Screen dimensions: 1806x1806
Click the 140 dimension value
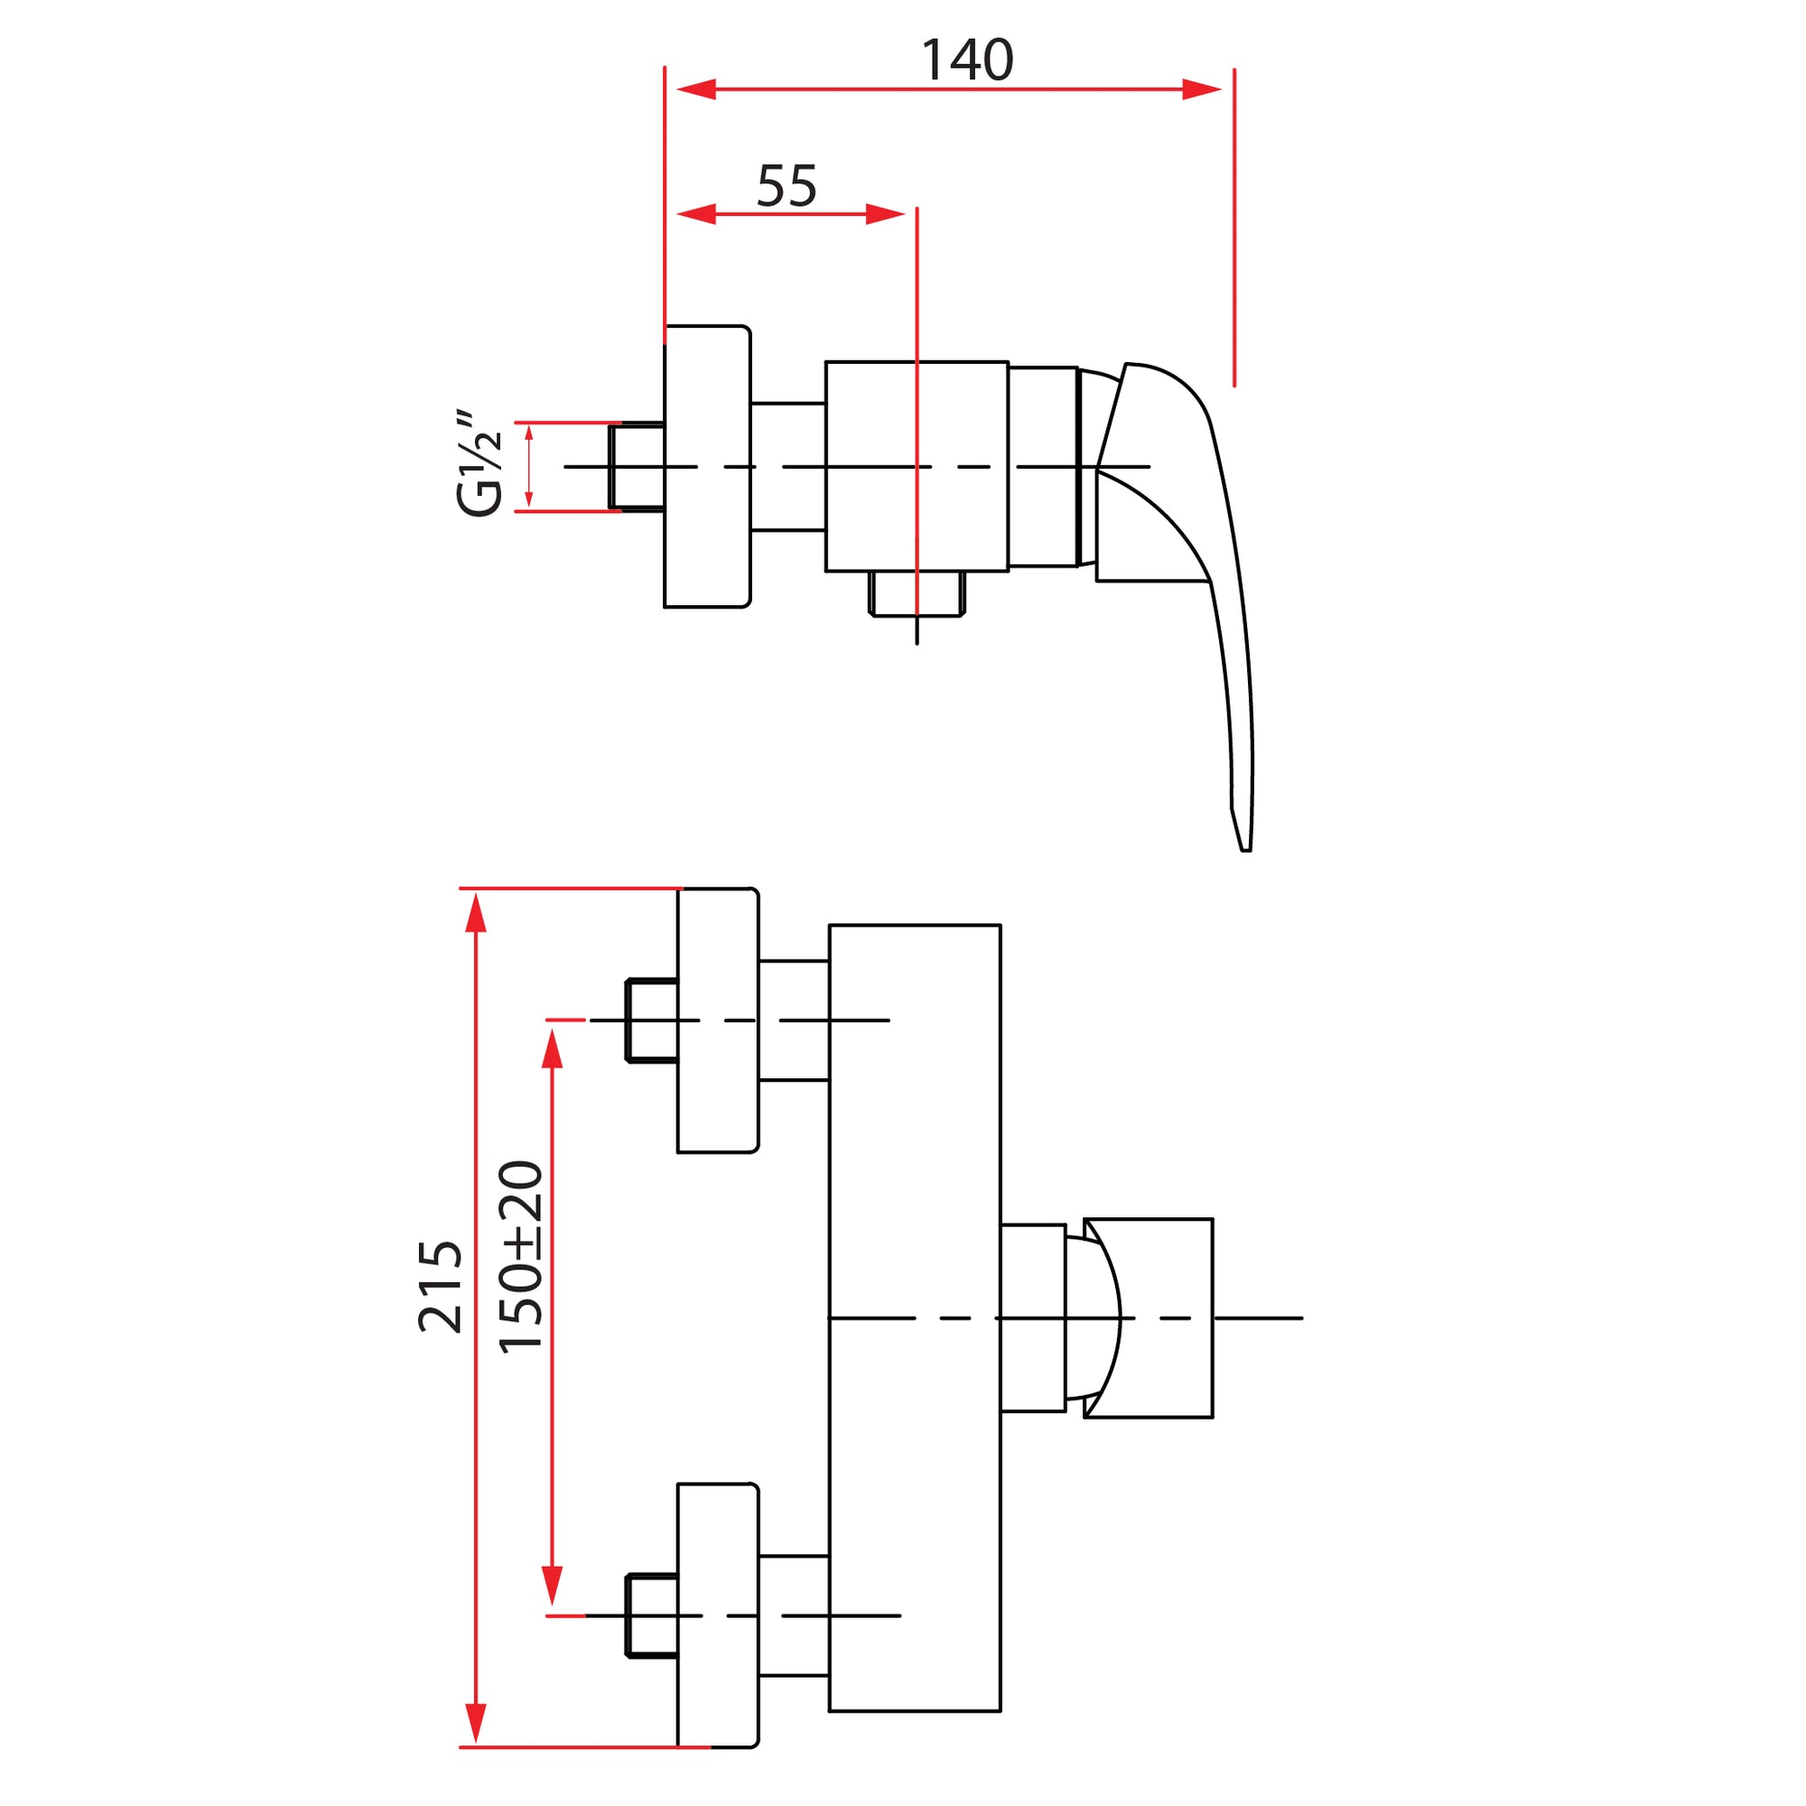pyautogui.click(x=966, y=61)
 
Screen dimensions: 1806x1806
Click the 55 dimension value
pyautogui.click(x=787, y=186)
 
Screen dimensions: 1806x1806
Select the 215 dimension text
pyautogui.click(x=441, y=1286)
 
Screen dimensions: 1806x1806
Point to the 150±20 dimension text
pyautogui.click(x=521, y=1257)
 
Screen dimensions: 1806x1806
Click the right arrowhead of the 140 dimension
pyautogui.click(x=1201, y=89)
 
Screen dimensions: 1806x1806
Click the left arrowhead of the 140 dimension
pyautogui.click(x=696, y=89)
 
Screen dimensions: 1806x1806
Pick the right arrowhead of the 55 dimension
pyautogui.click(x=884, y=214)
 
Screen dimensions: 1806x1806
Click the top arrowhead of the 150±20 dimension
pyautogui.click(x=553, y=1047)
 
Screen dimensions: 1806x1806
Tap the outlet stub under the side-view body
pyautogui.click(x=916, y=593)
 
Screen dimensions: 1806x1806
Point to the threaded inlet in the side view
pyautogui.click(x=637, y=467)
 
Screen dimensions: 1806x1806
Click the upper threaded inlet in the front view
pyautogui.click(x=652, y=1020)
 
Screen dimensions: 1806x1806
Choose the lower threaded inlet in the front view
pyautogui.click(x=652, y=1616)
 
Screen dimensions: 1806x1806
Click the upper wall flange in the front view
pyautogui.click(x=717, y=1020)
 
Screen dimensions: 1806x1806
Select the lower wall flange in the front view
pyautogui.click(x=717, y=1616)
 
